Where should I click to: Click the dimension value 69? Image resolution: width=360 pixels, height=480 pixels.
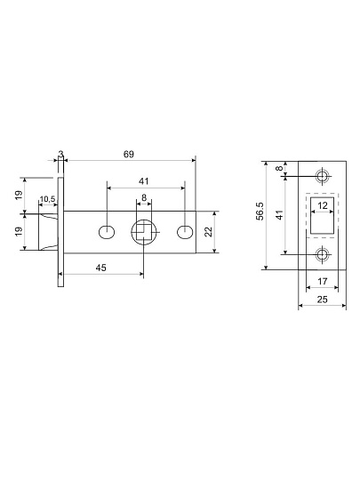click(x=129, y=155)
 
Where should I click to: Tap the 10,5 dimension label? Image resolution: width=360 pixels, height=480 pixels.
click(x=47, y=199)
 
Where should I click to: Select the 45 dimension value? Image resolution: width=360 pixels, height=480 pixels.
click(x=101, y=268)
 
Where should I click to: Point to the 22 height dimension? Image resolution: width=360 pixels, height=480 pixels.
click(x=209, y=232)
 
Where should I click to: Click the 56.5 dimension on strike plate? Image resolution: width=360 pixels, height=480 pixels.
click(x=260, y=212)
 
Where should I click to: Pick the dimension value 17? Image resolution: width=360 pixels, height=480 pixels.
click(x=323, y=281)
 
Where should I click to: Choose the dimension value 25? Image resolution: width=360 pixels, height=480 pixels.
click(x=322, y=300)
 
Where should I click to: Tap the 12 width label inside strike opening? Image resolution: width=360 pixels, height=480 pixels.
click(x=323, y=205)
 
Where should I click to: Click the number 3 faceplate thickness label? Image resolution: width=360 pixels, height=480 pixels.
click(x=61, y=155)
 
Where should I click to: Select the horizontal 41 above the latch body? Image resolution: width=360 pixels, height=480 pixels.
click(x=144, y=181)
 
